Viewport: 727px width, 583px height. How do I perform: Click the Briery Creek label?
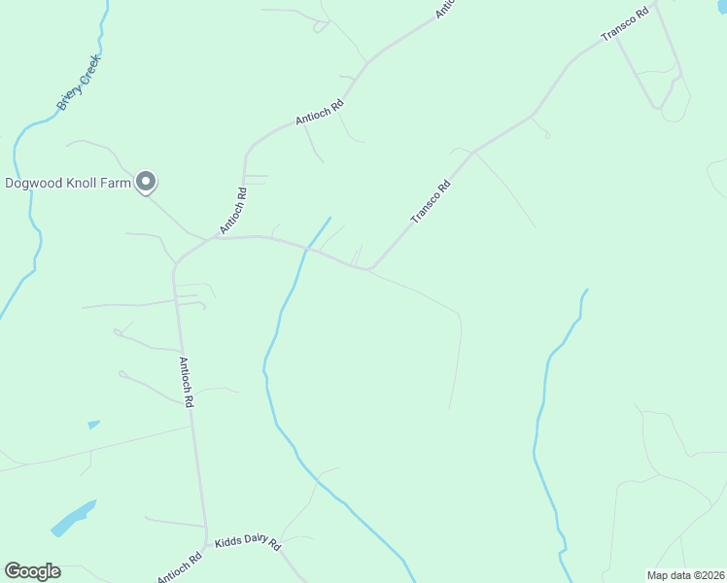coord(79,83)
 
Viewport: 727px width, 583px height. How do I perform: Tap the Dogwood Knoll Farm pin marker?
coord(147,182)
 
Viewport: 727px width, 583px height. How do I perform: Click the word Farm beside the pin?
coord(115,183)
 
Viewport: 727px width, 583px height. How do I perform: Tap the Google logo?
coord(32,571)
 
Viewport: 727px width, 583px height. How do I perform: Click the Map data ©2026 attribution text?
coord(684,575)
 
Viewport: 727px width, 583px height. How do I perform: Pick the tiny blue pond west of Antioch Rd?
coord(93,425)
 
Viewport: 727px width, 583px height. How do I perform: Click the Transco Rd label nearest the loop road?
coord(624,25)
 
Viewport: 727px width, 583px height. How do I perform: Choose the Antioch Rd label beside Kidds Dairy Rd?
coord(180,567)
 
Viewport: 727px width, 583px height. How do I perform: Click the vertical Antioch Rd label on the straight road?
coord(187,381)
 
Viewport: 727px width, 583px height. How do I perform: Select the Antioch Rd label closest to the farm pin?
coord(233,210)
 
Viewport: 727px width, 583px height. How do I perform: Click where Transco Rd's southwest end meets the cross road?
coord(370,269)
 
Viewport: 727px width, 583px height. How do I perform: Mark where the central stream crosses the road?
coord(307,249)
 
